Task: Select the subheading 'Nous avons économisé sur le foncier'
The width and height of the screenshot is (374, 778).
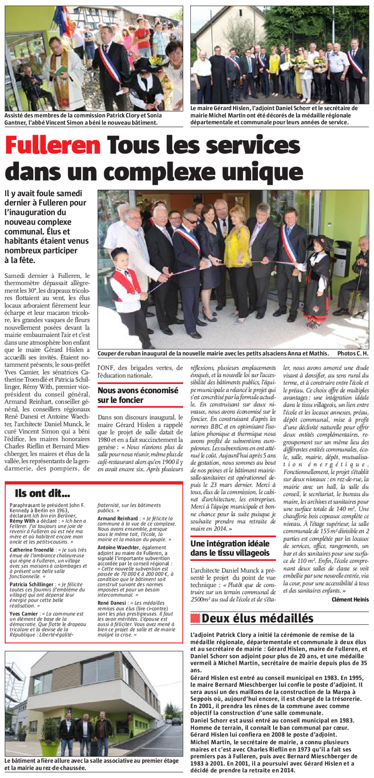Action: [137, 395]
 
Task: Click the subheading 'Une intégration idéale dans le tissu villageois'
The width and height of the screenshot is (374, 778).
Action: [230, 548]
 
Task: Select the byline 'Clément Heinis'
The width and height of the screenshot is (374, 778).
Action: [350, 599]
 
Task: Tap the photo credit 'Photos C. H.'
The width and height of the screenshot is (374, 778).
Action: [352, 353]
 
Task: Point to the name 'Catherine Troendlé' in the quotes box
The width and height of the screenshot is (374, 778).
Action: [31, 549]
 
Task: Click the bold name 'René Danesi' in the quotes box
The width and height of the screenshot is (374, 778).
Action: [112, 602]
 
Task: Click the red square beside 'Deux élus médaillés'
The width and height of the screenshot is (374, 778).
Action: [195, 618]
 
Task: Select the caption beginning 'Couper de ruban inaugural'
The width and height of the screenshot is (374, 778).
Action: [213, 353]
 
